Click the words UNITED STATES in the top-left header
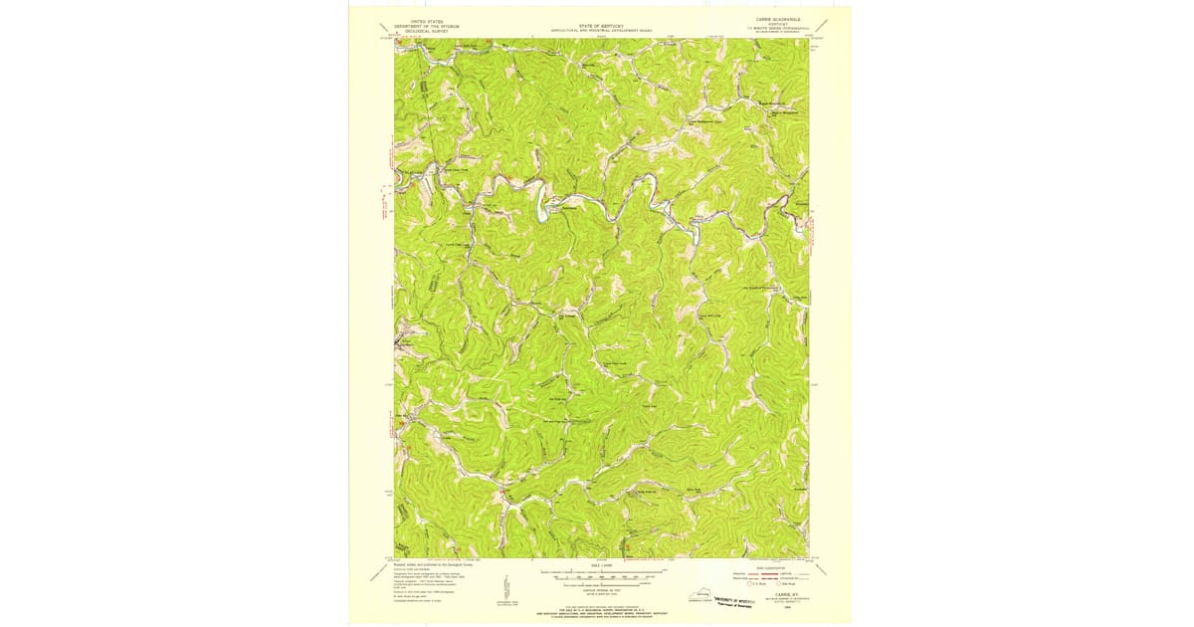[419, 20]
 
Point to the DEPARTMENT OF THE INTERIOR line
[419, 25]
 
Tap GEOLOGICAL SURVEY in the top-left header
[419, 30]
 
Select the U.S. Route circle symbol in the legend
[751, 584]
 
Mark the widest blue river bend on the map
[545, 209]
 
